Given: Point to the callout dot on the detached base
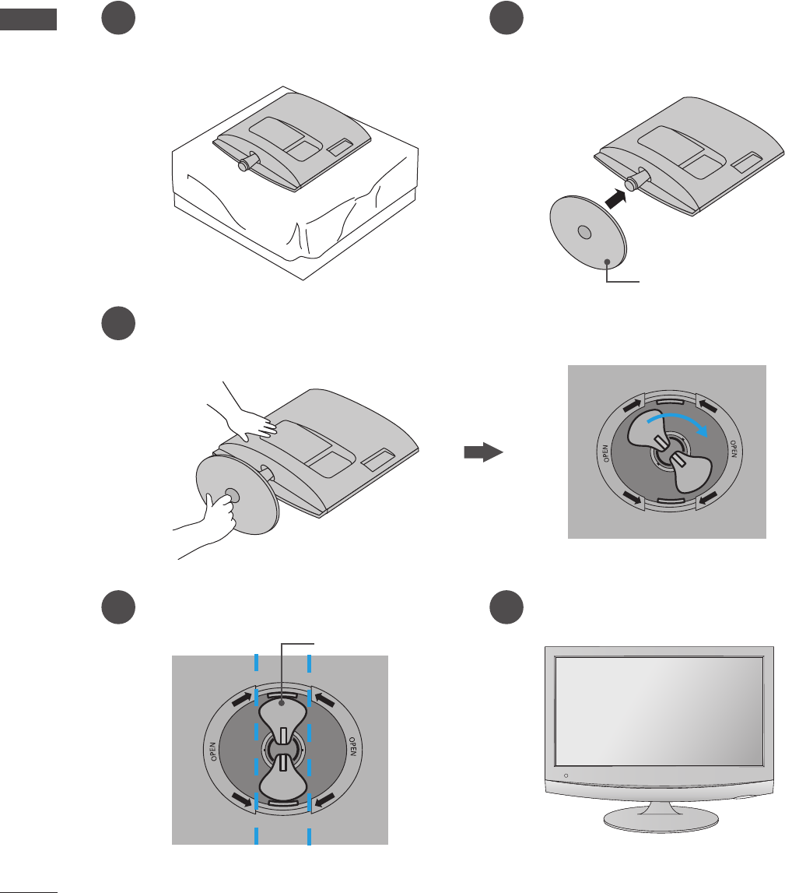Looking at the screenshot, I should tap(606, 263).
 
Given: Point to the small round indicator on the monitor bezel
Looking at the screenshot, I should tap(566, 776).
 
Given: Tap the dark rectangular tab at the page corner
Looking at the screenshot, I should tap(29, 19).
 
